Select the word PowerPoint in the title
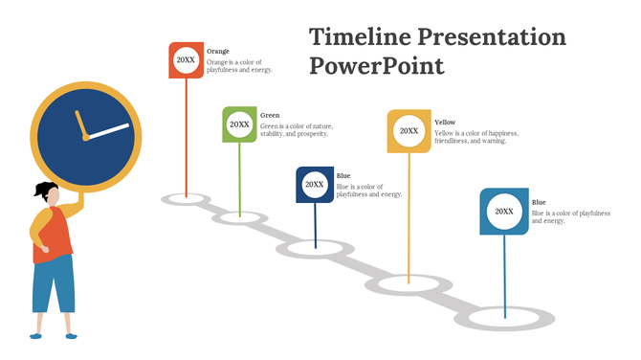[377, 67]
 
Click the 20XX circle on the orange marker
[186, 59]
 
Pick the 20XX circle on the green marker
[239, 124]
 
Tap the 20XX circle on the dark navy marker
[314, 184]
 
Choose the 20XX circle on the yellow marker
[409, 131]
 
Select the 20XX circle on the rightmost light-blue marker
[504, 212]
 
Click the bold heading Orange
[218, 51]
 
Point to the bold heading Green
[270, 115]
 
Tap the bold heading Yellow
[445, 123]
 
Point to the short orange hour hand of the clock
[80, 124]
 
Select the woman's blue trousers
[53, 282]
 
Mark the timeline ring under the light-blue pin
[505, 313]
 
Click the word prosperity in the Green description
[308, 134]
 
